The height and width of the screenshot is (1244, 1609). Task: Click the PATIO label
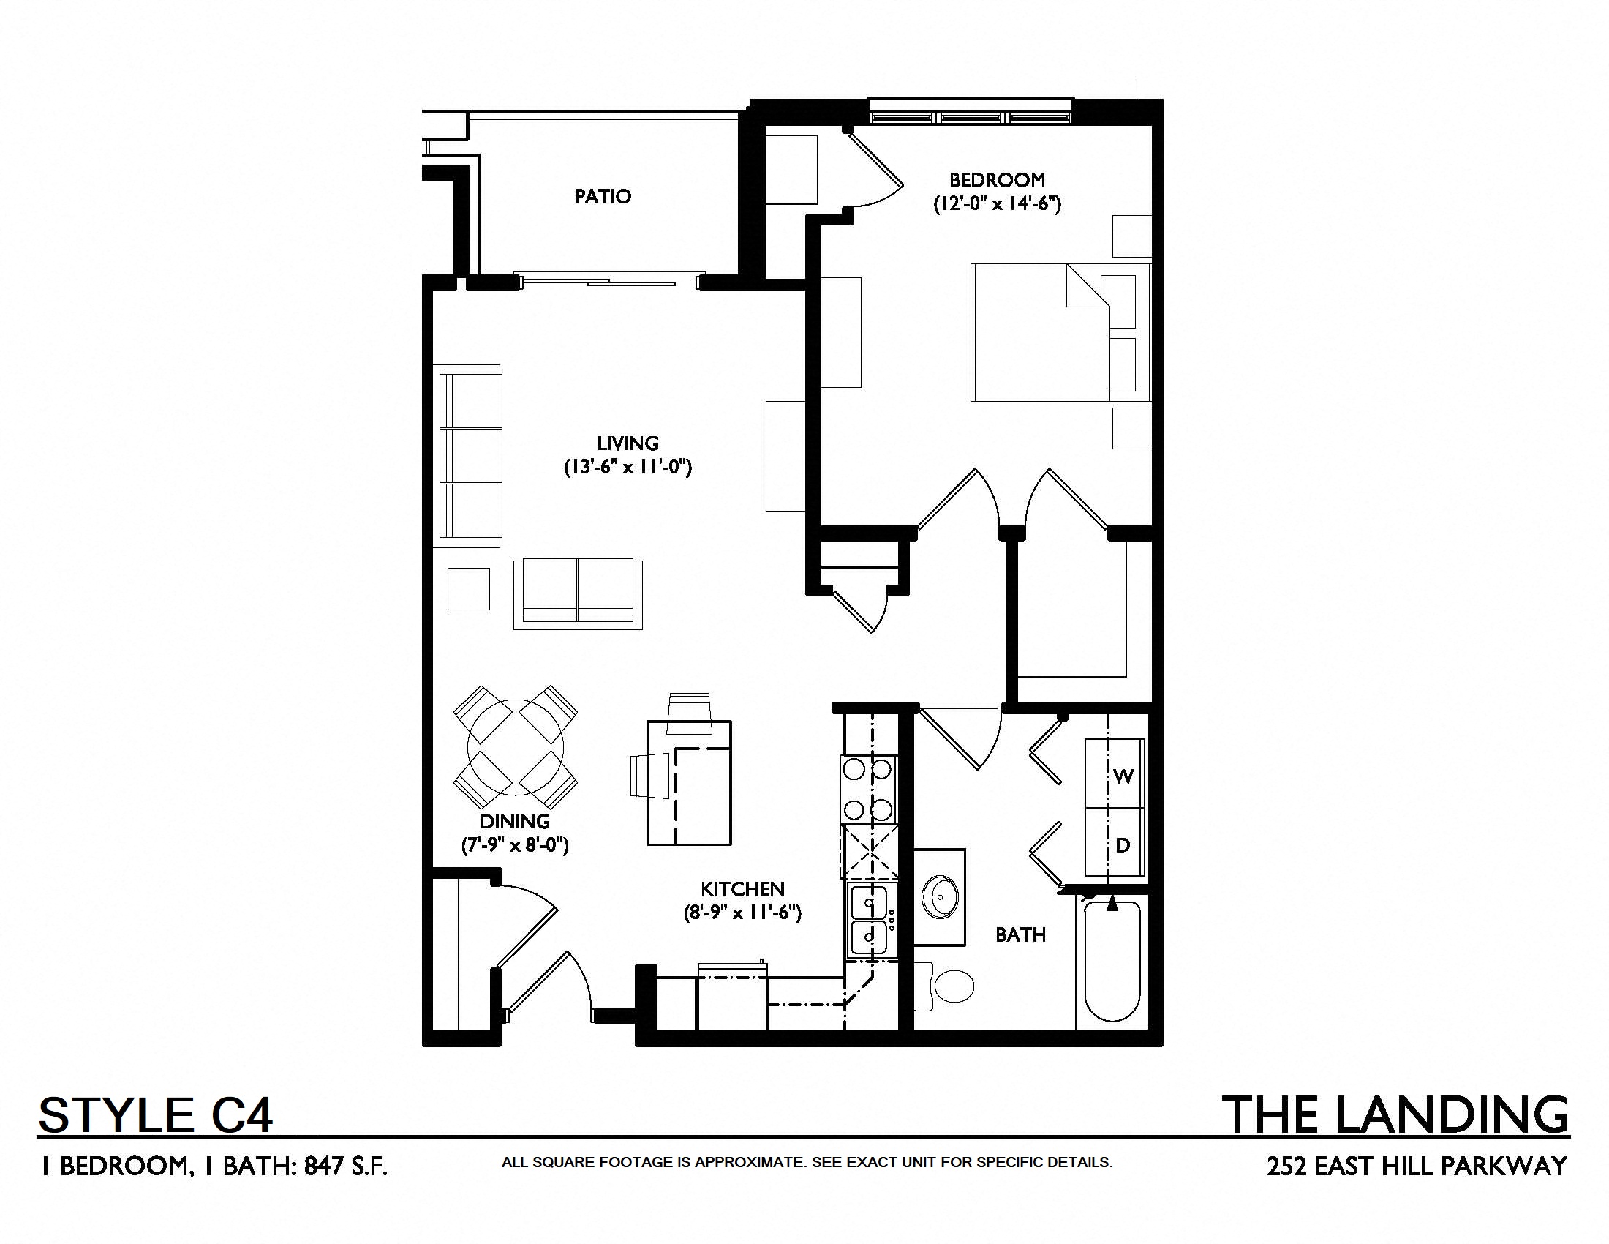point(603,196)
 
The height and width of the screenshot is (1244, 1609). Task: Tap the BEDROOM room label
point(997,180)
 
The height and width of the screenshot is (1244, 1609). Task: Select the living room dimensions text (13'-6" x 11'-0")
point(628,468)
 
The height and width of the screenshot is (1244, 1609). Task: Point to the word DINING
point(515,821)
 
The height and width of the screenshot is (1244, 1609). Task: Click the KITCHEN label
point(742,889)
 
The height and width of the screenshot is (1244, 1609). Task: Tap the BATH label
point(1020,935)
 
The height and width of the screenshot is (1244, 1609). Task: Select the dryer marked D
point(1115,842)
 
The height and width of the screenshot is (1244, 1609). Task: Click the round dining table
point(516,747)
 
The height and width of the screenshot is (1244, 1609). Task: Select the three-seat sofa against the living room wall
point(468,456)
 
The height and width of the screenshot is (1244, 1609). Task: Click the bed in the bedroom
point(1060,332)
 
